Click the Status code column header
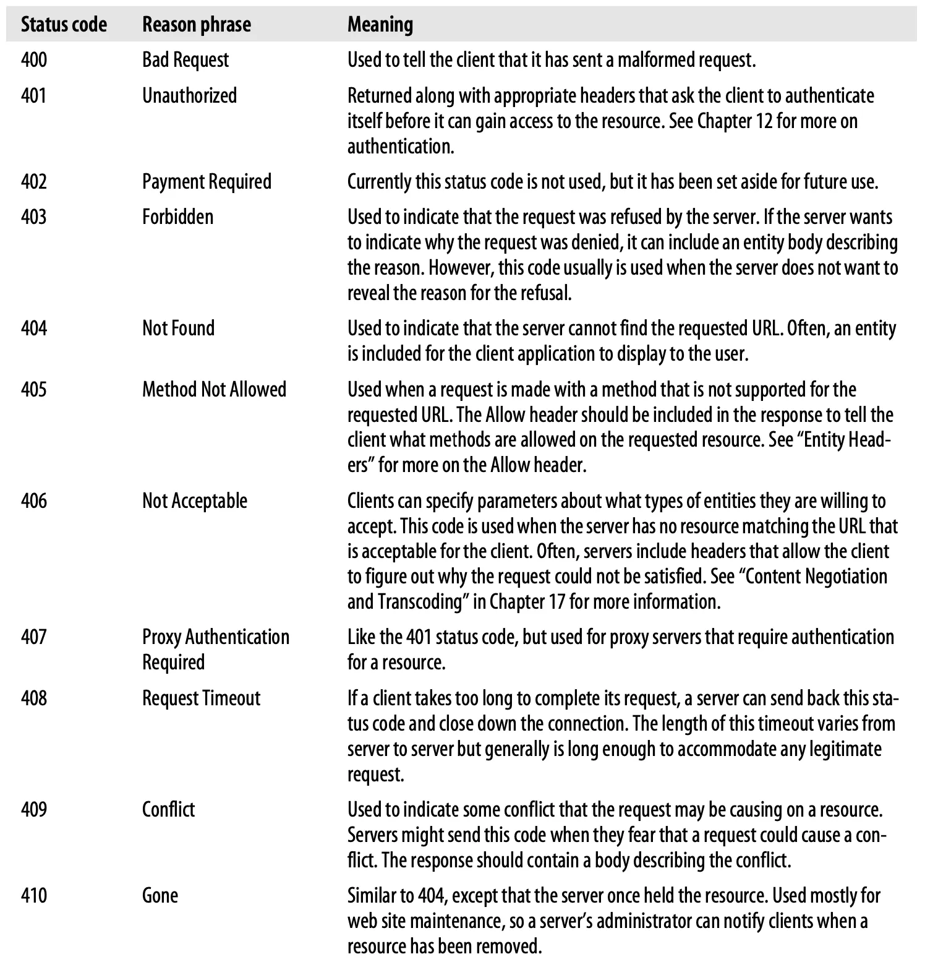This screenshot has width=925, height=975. coord(64,25)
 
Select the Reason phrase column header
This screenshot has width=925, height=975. coord(197,25)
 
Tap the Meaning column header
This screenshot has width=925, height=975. coord(380,25)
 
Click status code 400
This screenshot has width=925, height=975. coord(34,60)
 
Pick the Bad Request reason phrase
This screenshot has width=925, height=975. coord(185,60)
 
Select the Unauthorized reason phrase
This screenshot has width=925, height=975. coord(189,96)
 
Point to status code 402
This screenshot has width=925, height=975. coord(34,182)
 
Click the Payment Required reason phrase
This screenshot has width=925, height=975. coord(207,182)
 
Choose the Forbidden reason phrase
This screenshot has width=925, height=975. coord(177,217)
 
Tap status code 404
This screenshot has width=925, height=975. coord(34,329)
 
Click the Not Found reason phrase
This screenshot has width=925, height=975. coord(178,329)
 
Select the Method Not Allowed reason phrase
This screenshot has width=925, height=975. coord(214,390)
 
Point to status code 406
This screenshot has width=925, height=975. coord(34,501)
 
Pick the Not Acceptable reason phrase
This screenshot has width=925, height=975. coord(194,501)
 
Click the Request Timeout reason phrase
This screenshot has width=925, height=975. coord(201,698)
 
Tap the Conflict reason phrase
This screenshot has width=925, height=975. coord(168,810)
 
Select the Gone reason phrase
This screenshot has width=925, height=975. coord(160,896)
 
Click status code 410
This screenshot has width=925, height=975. coord(34,896)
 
